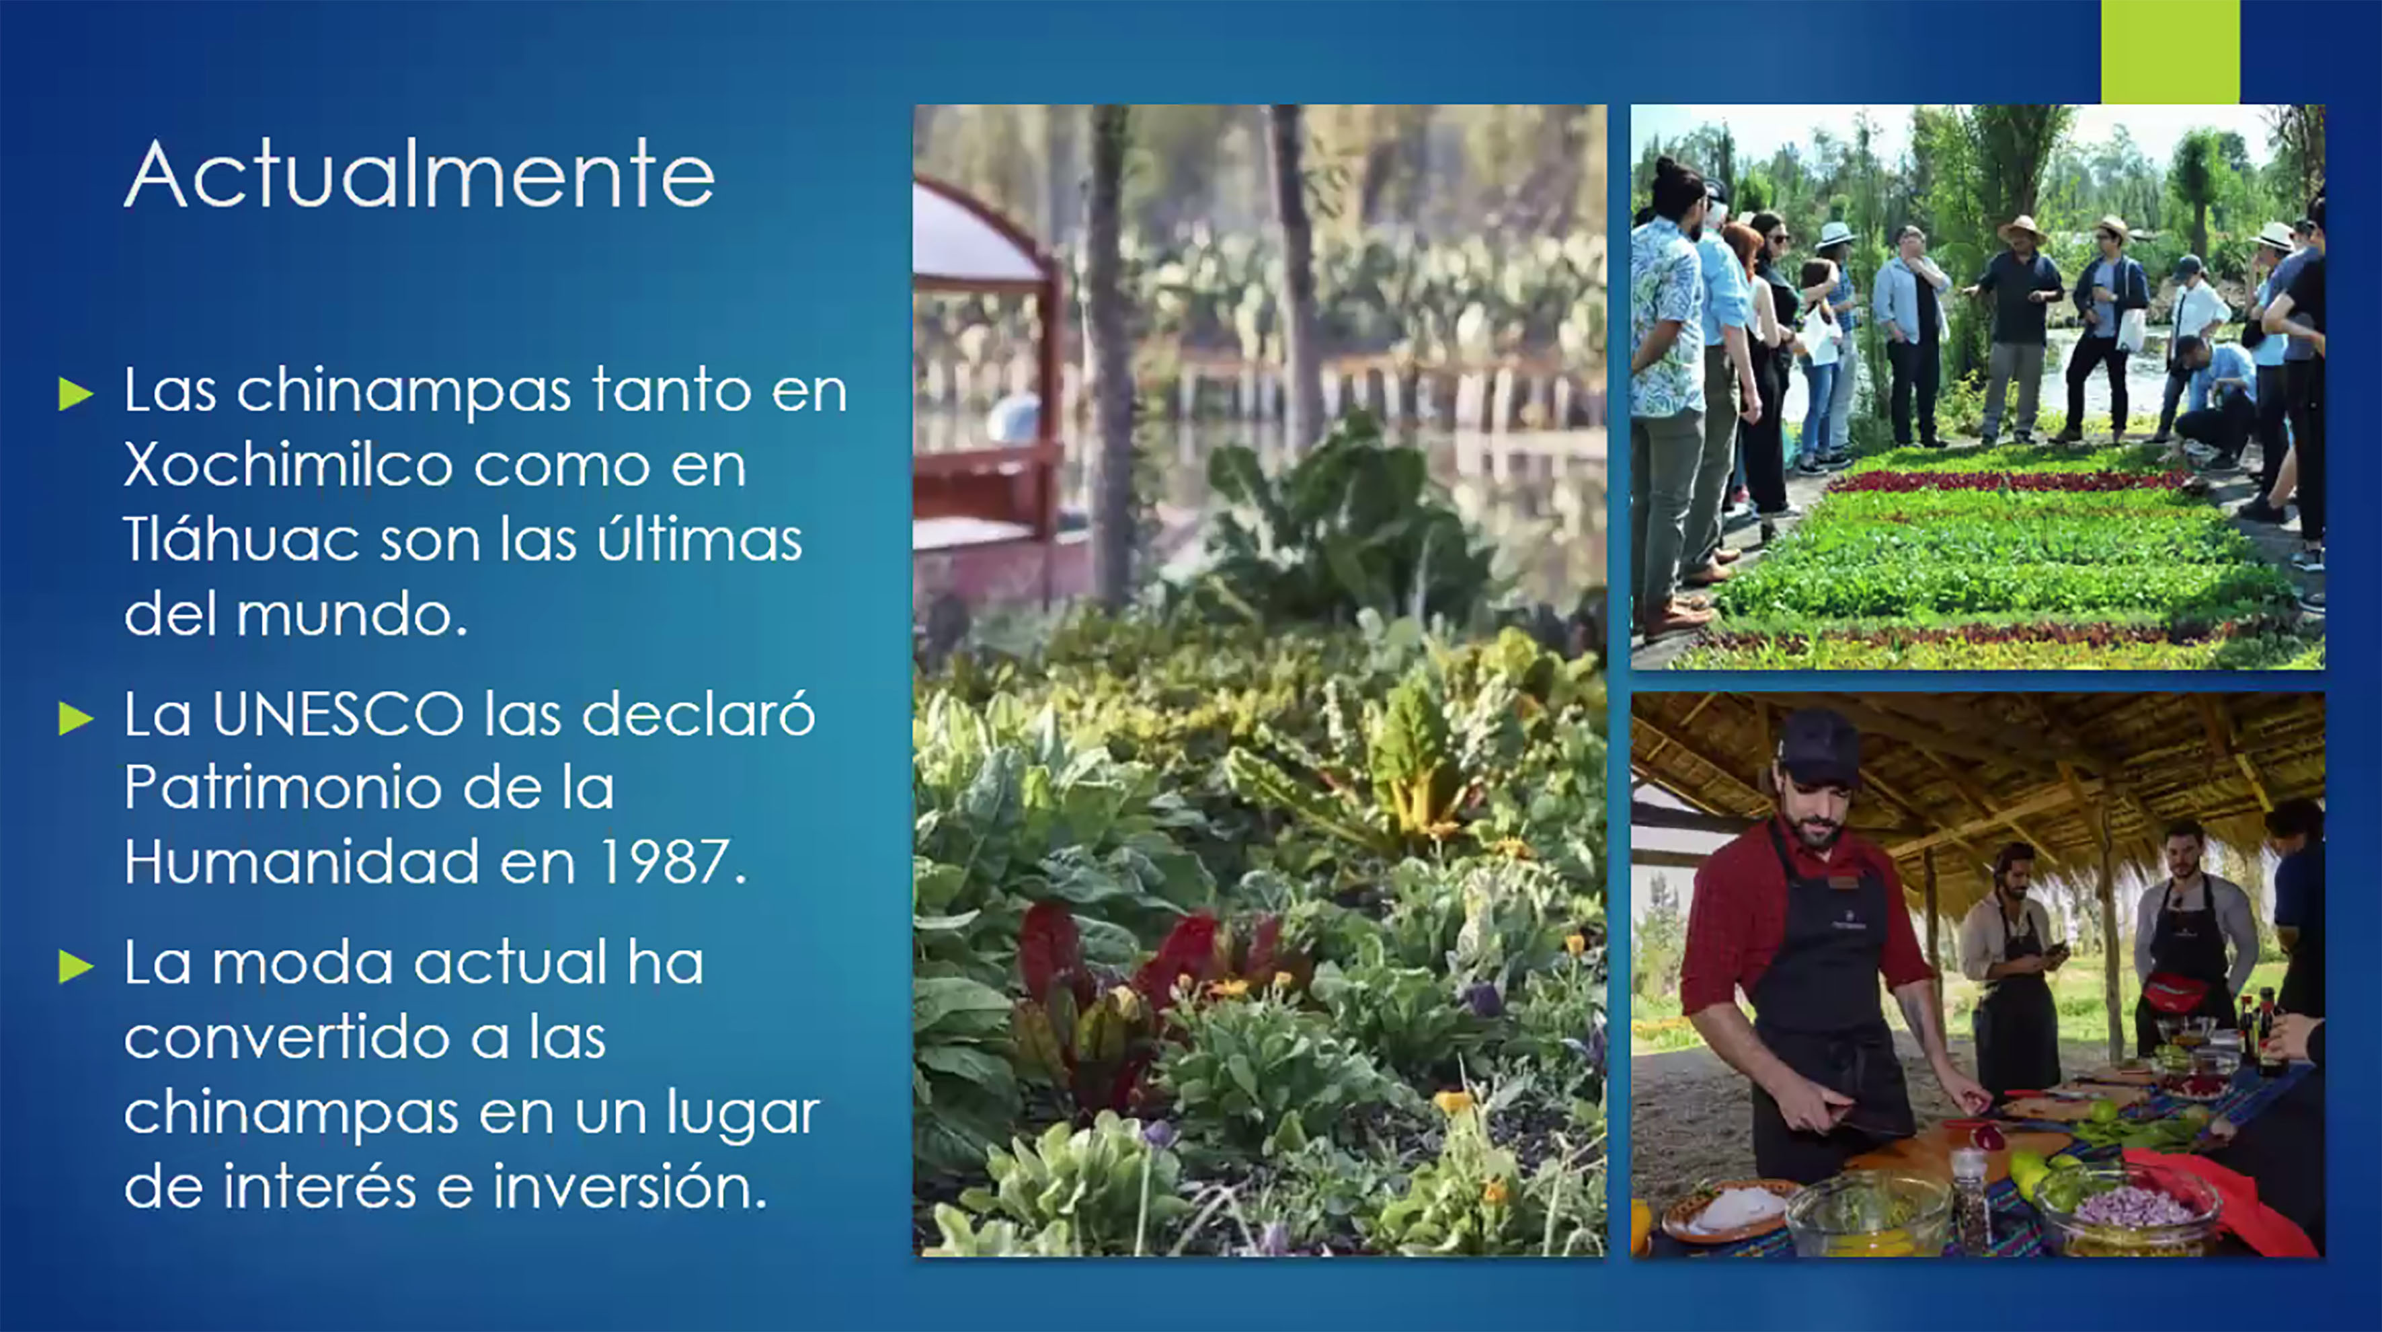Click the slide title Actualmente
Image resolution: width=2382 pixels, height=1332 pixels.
(420, 174)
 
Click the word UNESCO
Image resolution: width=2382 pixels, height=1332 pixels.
(338, 714)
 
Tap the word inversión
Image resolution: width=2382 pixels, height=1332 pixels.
(631, 1186)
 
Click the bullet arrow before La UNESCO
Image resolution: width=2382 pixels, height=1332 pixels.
(76, 718)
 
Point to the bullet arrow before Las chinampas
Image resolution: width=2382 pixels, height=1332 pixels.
(76, 393)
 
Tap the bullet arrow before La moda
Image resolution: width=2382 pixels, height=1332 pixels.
(76, 967)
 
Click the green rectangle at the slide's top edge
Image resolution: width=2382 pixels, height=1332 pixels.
(2170, 52)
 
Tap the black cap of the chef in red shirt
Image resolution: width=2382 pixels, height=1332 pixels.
(1818, 745)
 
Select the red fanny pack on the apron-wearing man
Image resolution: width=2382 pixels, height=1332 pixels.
(2175, 992)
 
